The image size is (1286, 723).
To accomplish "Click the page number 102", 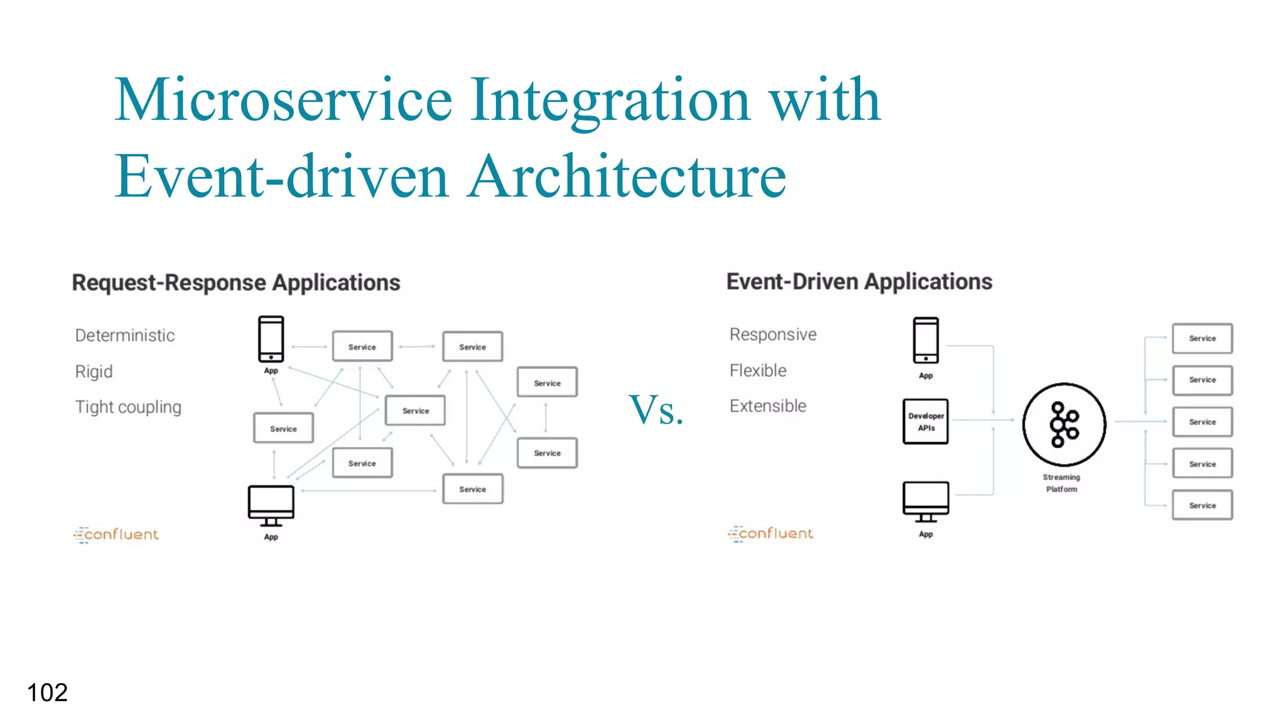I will [47, 693].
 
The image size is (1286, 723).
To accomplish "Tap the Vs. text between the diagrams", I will [656, 410].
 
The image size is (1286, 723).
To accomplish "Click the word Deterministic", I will [125, 336].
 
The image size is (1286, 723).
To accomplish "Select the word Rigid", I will [94, 372].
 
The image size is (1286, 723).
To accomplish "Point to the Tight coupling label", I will [128, 407].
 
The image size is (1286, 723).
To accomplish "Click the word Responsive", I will [773, 335].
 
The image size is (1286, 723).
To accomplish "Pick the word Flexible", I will [758, 370].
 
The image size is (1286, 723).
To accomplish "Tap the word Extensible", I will [767, 406].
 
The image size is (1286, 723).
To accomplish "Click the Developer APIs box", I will [926, 422].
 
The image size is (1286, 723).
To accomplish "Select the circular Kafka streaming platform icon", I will [1064, 425].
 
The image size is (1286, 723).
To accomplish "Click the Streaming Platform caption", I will [1061, 483].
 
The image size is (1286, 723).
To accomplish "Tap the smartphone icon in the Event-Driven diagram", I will [926, 340].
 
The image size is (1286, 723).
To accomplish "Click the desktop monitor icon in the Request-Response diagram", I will [271, 505].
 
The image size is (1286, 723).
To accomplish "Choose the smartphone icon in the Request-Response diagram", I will [271, 339].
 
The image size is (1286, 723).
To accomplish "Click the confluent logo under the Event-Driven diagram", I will [770, 533].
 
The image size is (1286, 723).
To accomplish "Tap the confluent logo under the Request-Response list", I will [116, 535].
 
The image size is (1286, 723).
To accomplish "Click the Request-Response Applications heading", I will [236, 283].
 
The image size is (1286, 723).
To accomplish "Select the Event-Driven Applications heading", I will [859, 282].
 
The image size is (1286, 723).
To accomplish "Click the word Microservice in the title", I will [283, 100].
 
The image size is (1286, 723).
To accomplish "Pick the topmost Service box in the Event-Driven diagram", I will [1202, 338].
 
